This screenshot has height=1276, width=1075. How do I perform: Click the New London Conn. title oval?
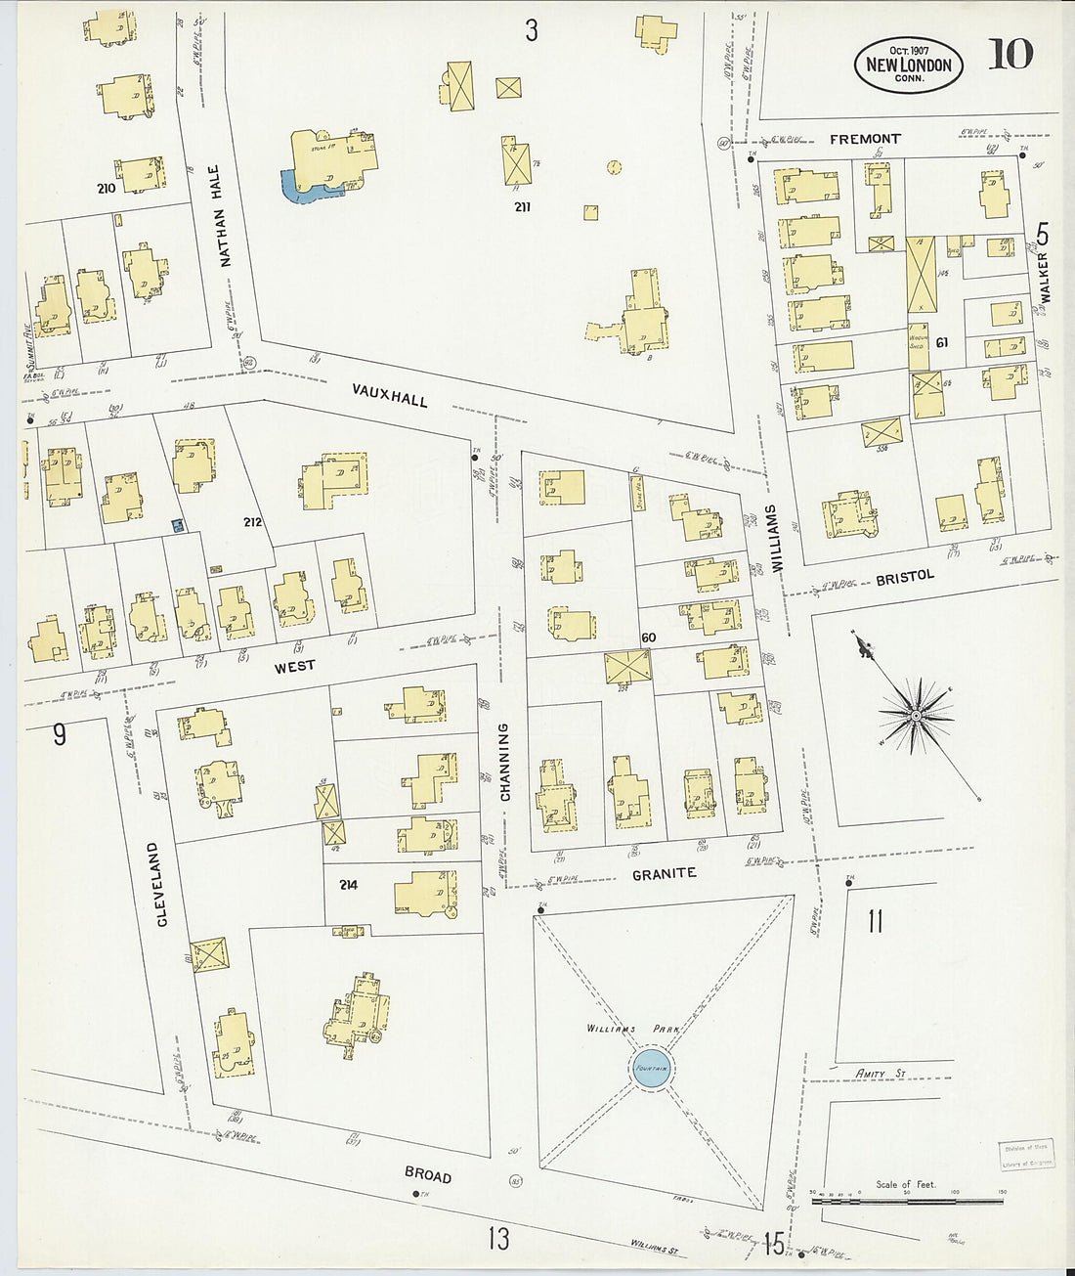pyautogui.click(x=909, y=65)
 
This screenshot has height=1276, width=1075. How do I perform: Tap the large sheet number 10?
pyautogui.click(x=1010, y=55)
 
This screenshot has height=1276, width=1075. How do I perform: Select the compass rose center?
pyautogui.click(x=916, y=717)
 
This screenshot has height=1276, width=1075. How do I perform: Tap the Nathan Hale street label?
pyautogui.click(x=221, y=216)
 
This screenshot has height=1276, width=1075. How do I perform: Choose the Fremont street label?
pyautogui.click(x=865, y=140)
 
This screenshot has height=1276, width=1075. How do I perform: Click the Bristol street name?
pyautogui.click(x=904, y=578)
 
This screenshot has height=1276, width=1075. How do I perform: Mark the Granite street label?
pyautogui.click(x=664, y=873)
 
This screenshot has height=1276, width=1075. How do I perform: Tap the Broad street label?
pyautogui.click(x=428, y=1173)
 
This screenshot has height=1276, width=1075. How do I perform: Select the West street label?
pyautogui.click(x=294, y=666)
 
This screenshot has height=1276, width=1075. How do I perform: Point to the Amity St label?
pyautogui.click(x=881, y=1074)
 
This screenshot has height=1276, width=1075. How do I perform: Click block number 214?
pyautogui.click(x=348, y=885)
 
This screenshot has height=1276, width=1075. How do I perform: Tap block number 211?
pyautogui.click(x=522, y=207)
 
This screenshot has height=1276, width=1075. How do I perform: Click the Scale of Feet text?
pyautogui.click(x=905, y=1184)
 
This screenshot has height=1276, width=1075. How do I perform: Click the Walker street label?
pyautogui.click(x=1044, y=278)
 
